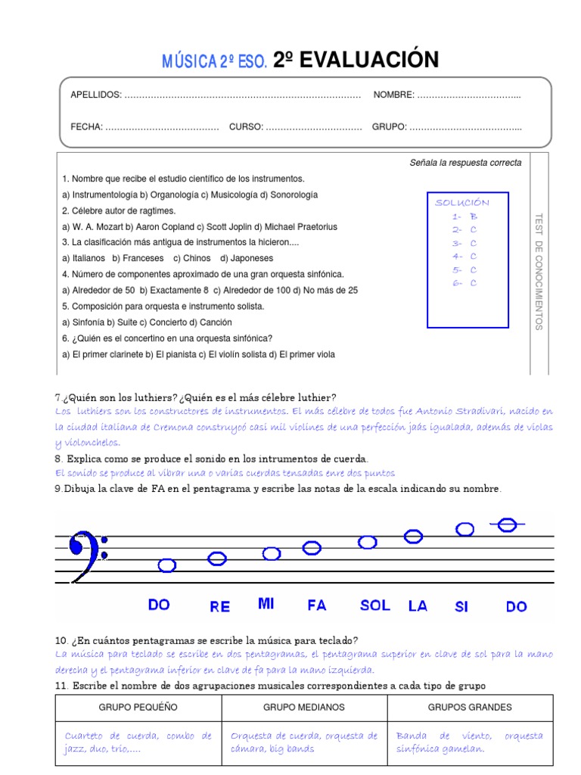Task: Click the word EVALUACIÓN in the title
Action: point(368,61)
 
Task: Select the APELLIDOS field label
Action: point(95,95)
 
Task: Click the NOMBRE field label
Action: point(393,95)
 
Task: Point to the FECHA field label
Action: point(86,126)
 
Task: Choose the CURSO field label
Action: point(246,126)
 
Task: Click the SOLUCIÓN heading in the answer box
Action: point(462,203)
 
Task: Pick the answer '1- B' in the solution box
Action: point(464,216)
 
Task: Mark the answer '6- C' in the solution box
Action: point(464,283)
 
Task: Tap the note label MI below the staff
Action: point(266,603)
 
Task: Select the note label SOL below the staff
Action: point(375,605)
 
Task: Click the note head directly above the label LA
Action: point(413,537)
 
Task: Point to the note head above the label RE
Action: point(217,559)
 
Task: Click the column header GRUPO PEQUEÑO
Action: point(138,707)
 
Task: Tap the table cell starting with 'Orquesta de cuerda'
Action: point(304,742)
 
